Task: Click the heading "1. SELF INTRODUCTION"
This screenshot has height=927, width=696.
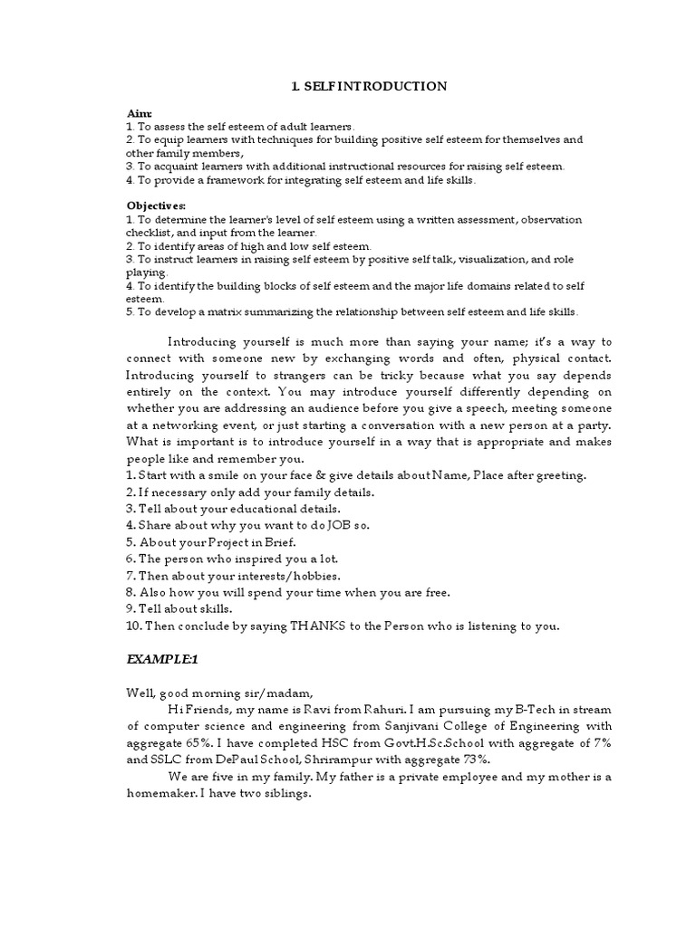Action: pos(369,87)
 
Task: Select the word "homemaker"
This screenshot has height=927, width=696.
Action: pos(160,793)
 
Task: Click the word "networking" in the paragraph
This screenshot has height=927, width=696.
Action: pos(183,425)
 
